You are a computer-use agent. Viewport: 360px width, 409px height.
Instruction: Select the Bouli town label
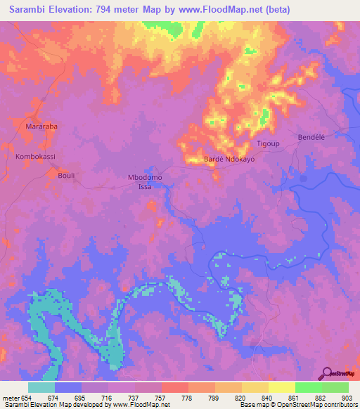(66, 175)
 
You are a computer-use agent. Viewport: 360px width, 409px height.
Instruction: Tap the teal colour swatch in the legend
(41, 387)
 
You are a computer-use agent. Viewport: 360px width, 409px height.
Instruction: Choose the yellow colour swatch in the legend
(282, 387)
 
